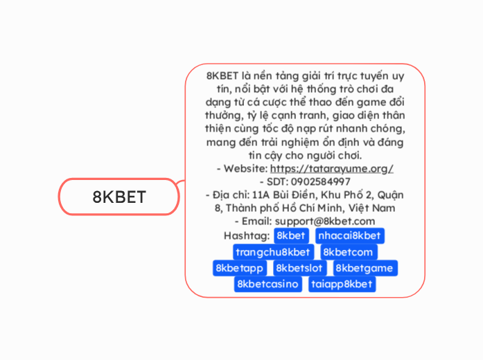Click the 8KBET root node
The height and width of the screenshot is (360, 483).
(119, 197)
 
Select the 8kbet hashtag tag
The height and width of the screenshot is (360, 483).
(290, 236)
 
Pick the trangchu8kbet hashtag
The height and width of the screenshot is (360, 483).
(272, 252)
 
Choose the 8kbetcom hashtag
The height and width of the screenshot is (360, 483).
(348, 252)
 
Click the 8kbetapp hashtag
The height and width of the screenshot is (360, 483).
(240, 268)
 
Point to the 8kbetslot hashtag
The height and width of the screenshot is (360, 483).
(299, 268)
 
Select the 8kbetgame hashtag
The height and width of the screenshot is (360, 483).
(365, 268)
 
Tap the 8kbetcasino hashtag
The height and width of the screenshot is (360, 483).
(267, 284)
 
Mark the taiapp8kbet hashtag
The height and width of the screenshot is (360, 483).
(342, 284)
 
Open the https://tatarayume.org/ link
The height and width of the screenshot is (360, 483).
(332, 168)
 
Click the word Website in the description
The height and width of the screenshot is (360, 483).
(244, 168)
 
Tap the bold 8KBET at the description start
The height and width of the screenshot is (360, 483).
(222, 76)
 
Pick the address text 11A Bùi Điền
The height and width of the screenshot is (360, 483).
(286, 195)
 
